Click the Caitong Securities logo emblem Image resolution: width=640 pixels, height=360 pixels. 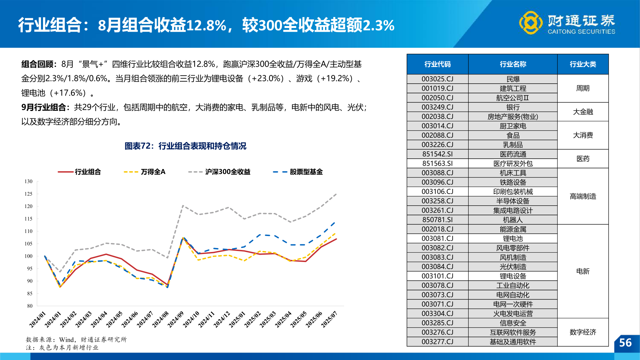(x=531, y=23)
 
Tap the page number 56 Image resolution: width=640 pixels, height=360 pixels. (x=625, y=343)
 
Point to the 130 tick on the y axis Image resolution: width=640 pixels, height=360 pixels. (x=29, y=181)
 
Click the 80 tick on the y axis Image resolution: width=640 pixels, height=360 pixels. (x=30, y=306)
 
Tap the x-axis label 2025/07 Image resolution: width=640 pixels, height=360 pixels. (x=329, y=319)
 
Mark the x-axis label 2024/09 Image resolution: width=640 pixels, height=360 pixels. (x=176, y=319)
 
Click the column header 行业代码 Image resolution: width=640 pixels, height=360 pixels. (x=437, y=64)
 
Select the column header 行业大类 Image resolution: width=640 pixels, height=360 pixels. (x=583, y=64)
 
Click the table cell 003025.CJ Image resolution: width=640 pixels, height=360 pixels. (x=437, y=79)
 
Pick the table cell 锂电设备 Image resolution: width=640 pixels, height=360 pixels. (x=513, y=276)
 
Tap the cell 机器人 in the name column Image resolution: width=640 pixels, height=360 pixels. (x=513, y=220)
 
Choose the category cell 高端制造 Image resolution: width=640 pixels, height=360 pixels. (x=583, y=196)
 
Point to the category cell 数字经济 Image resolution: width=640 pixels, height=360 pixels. (x=583, y=332)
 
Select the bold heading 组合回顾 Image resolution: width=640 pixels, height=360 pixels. (x=38, y=64)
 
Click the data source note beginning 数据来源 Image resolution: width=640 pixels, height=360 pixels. (x=76, y=339)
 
